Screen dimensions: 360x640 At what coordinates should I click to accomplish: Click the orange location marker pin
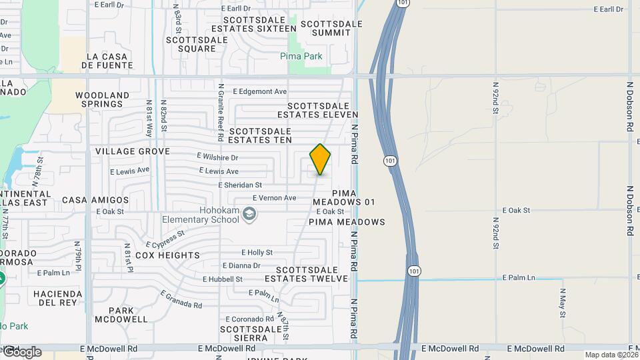click(x=320, y=159)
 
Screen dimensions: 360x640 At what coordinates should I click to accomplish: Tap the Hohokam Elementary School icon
click(x=249, y=214)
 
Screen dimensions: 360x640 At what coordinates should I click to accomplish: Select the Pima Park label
click(x=301, y=57)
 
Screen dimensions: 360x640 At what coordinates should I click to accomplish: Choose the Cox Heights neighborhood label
click(x=167, y=255)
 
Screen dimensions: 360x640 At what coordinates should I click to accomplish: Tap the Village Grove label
click(x=132, y=151)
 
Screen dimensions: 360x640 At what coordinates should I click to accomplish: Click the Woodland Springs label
click(x=102, y=99)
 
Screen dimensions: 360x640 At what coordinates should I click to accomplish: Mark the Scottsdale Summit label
click(x=331, y=28)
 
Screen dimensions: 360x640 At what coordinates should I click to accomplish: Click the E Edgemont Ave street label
click(x=259, y=91)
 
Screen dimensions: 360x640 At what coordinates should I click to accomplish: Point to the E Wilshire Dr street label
click(x=217, y=158)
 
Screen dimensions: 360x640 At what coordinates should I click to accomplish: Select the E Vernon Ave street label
click(x=274, y=198)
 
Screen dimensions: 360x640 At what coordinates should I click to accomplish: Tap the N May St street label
click(x=563, y=303)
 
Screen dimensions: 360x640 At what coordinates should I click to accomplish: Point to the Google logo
click(x=22, y=351)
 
